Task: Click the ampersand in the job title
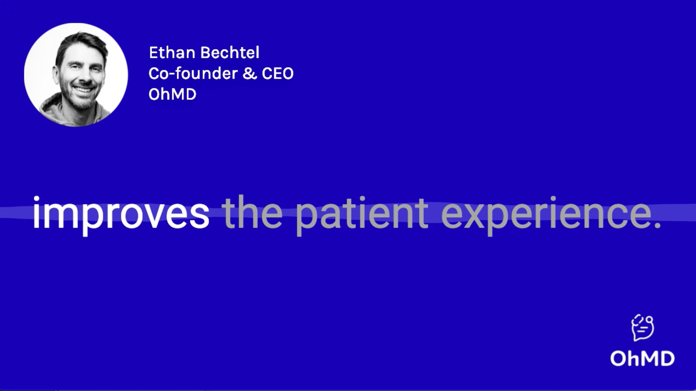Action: click(x=250, y=73)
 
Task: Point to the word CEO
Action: click(x=278, y=73)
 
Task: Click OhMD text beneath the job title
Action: click(x=172, y=94)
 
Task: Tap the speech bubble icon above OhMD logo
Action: click(x=643, y=327)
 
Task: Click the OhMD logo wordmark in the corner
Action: click(x=642, y=358)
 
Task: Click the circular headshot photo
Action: click(x=76, y=75)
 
